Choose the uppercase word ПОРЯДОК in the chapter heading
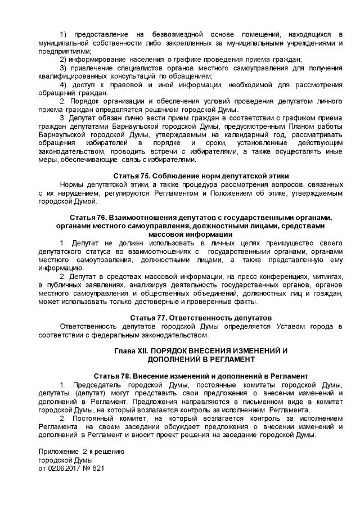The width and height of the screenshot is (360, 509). point(172,350)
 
